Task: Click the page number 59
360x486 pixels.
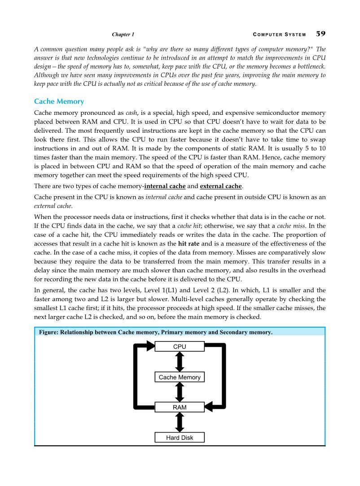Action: click(320, 34)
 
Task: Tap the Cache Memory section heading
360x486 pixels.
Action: click(59, 101)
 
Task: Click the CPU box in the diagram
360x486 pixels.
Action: click(180, 347)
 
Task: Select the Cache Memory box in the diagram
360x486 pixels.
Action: click(180, 377)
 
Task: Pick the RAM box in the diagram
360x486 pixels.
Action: click(180, 407)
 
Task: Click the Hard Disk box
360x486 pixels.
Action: click(180, 438)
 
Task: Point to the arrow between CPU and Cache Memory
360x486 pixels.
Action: click(180, 362)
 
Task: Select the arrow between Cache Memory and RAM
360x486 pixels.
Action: click(180, 392)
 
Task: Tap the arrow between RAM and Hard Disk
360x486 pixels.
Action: click(180, 422)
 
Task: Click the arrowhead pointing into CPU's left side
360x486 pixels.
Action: click(149, 346)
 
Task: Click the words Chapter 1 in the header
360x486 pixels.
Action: click(123, 35)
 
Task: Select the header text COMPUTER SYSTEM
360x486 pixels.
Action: click(279, 35)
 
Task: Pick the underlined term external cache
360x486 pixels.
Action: click(220, 186)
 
